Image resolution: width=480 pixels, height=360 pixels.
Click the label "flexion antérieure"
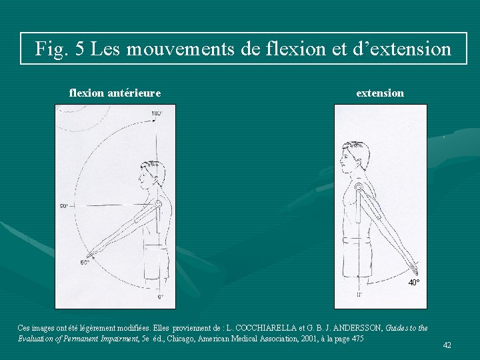115,93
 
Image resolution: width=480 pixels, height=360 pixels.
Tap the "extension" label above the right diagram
380,93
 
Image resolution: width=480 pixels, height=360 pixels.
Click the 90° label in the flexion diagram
65,206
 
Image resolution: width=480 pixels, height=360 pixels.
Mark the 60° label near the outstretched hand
85,263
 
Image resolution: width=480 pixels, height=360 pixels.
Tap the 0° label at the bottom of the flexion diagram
161,297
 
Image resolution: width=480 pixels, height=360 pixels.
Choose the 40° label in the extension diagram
414,283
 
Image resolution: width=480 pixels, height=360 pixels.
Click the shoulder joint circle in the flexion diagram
159,204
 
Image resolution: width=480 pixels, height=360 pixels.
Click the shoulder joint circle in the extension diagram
359,188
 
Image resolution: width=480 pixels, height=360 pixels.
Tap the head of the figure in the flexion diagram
150,174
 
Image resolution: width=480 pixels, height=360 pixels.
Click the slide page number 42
447,345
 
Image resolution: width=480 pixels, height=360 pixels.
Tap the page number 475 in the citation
357,339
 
